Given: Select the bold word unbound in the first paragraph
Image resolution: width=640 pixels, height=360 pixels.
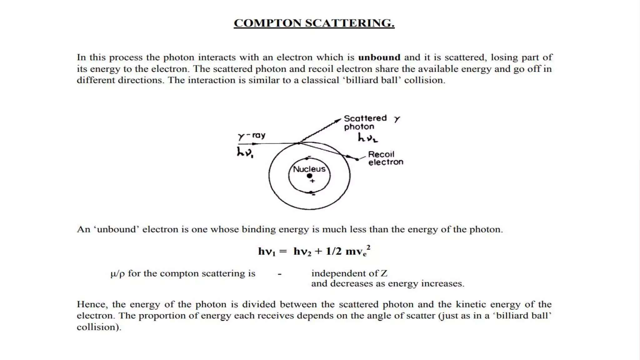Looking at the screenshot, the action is [379, 57].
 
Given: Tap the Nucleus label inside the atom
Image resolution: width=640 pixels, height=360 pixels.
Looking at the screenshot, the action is [309, 169].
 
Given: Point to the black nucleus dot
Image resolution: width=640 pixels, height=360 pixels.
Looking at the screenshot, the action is [309, 176].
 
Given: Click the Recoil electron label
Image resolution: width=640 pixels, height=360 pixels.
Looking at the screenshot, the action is [385, 158].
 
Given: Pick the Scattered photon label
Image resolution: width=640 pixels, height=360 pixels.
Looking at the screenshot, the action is [365, 122].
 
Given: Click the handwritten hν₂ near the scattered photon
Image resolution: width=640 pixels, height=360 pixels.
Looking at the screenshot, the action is [367, 137].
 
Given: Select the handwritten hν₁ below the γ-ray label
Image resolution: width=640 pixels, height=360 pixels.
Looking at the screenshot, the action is [245, 152].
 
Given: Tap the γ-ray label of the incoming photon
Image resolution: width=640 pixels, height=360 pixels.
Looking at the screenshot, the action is [251, 136].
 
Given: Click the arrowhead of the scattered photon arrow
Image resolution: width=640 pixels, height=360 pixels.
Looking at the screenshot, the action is [338, 120].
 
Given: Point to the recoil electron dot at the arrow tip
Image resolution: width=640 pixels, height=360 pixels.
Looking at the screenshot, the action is [357, 159].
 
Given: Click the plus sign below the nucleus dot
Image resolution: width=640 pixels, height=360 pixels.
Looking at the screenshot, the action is [312, 181].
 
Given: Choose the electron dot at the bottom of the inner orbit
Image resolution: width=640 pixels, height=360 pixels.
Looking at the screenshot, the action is [311, 192].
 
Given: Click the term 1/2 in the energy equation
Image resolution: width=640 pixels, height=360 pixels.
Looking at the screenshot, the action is [333, 251].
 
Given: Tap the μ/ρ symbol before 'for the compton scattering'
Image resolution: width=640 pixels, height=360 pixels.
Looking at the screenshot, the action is [117, 274].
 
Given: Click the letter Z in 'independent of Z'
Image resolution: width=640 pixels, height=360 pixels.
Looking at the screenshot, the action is [384, 274].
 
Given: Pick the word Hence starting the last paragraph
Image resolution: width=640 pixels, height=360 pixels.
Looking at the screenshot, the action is [92, 304].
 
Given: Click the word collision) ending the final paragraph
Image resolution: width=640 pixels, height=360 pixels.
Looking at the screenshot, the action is [99, 327].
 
